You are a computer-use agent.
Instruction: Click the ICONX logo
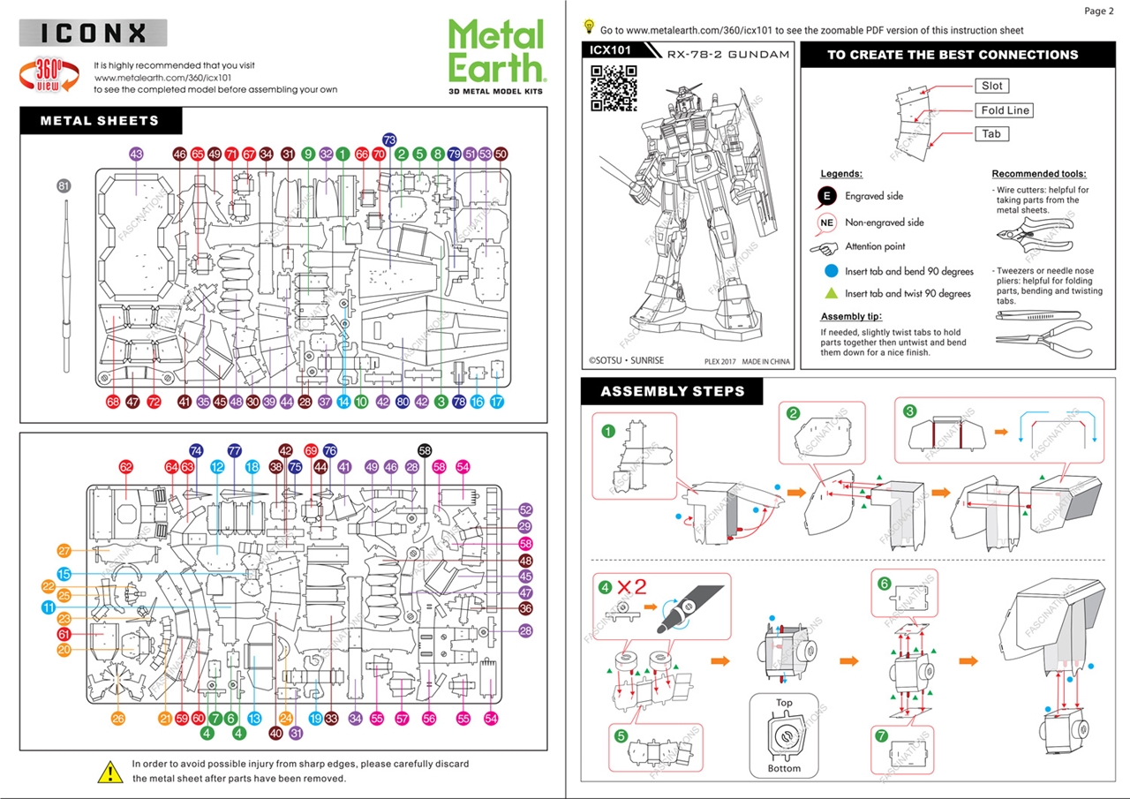pyautogui.click(x=93, y=34)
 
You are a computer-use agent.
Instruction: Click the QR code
pyautogui.click(x=614, y=88)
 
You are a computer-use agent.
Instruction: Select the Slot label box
pyautogui.click(x=992, y=86)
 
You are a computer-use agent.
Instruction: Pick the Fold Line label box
pyautogui.click(x=1005, y=110)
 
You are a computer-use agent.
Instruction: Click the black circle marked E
pyautogui.click(x=827, y=196)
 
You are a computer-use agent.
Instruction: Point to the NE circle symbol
pyautogui.click(x=827, y=222)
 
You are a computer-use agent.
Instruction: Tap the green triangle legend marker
pyautogui.click(x=831, y=293)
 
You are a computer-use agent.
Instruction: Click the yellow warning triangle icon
pyautogui.click(x=109, y=771)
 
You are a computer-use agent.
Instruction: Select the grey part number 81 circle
pyautogui.click(x=63, y=185)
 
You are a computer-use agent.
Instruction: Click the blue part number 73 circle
pyautogui.click(x=389, y=139)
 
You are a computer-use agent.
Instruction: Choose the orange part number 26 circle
pyautogui.click(x=118, y=719)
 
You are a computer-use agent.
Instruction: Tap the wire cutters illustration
pyautogui.click(x=1033, y=237)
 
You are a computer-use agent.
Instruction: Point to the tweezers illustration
pyautogui.click(x=1033, y=314)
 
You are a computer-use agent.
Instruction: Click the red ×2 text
pyautogui.click(x=633, y=586)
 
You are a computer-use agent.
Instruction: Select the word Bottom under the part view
pyautogui.click(x=784, y=768)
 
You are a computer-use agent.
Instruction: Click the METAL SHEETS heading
pyautogui.click(x=100, y=121)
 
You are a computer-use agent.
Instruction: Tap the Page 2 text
pyautogui.click(x=1099, y=11)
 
